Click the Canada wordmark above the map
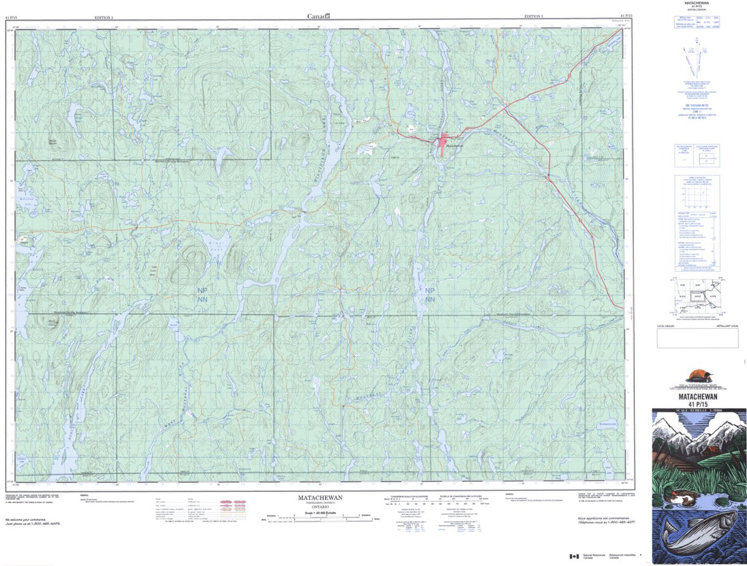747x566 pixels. (319, 17)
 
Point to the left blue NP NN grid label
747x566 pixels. (202, 295)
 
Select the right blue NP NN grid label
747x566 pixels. (430, 295)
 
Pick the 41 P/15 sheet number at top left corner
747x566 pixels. (12, 16)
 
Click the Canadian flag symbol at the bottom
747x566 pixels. (573, 556)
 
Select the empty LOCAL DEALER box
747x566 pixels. (697, 338)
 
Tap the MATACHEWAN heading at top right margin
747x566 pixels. (697, 4)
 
